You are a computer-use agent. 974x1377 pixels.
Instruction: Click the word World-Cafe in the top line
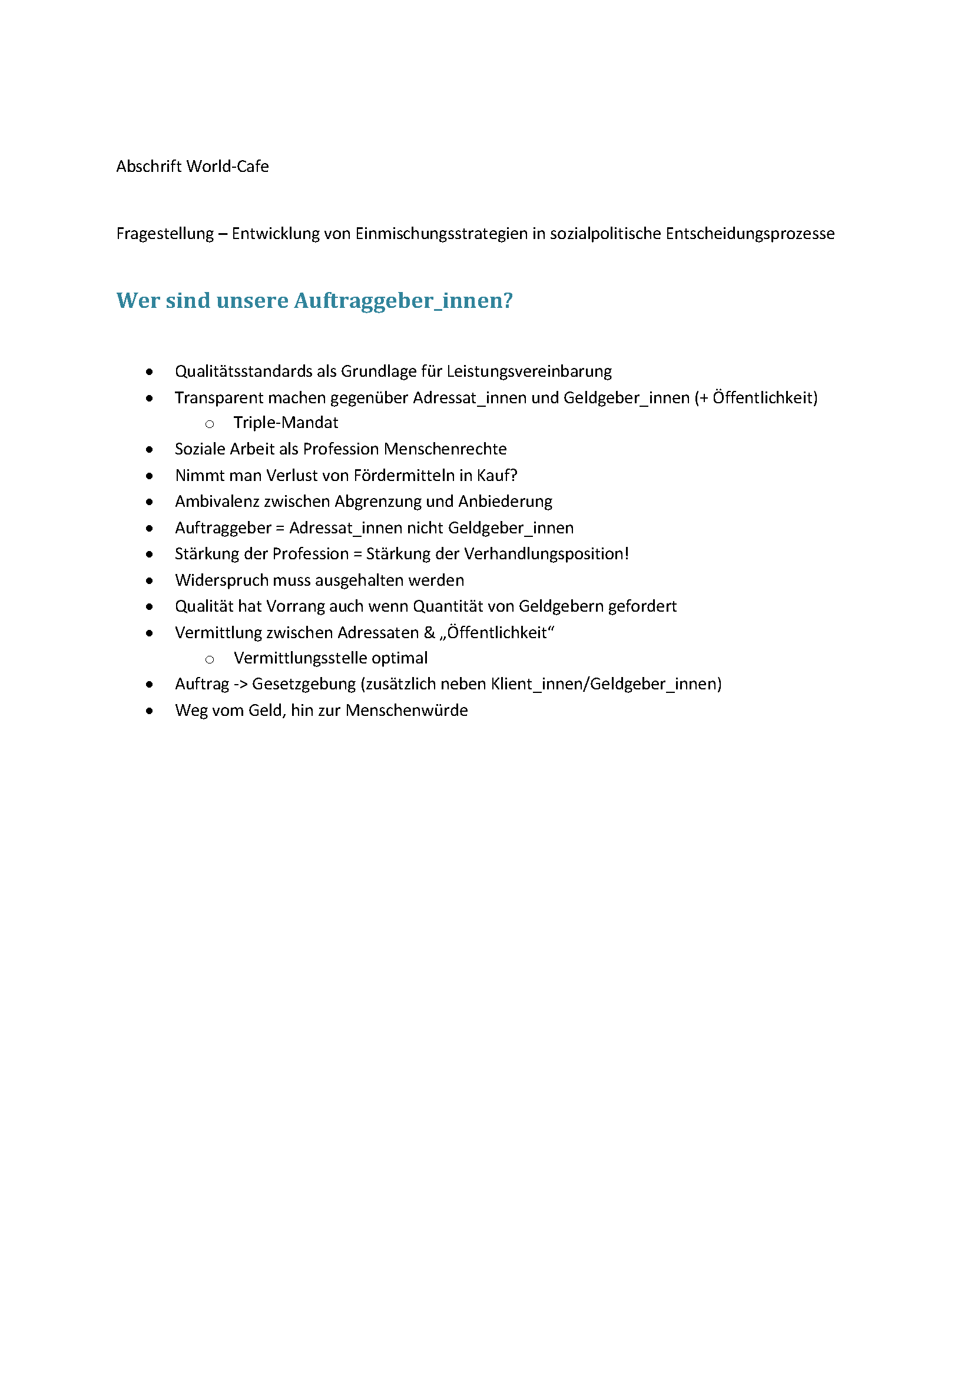pyautogui.click(x=227, y=166)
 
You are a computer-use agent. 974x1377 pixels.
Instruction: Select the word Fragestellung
pyautogui.click(x=165, y=233)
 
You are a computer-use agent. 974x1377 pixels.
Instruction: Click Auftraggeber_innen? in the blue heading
pyautogui.click(x=403, y=300)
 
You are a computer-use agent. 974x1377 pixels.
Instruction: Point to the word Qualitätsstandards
pyautogui.click(x=244, y=371)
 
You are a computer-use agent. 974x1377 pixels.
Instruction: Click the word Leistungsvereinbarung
pyautogui.click(x=529, y=371)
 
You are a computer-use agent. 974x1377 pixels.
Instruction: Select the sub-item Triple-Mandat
pyautogui.click(x=286, y=423)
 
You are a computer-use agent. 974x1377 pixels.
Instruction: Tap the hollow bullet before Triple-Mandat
pyautogui.click(x=209, y=424)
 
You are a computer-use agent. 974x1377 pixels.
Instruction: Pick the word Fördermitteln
pyautogui.click(x=404, y=476)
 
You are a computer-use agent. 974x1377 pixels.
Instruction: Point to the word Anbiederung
pyautogui.click(x=505, y=502)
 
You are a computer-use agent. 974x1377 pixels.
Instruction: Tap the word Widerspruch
pyautogui.click(x=221, y=580)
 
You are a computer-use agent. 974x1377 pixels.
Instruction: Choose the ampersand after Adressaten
pyautogui.click(x=429, y=633)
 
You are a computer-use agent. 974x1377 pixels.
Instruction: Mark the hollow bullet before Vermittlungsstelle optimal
pyautogui.click(x=209, y=660)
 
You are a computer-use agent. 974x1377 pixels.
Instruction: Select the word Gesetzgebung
pyautogui.click(x=303, y=684)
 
